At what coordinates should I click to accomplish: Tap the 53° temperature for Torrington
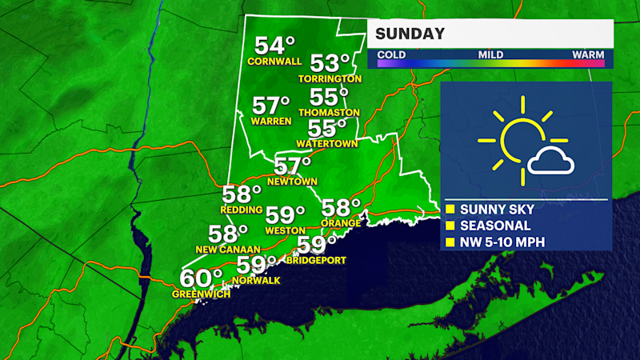tap(330, 62)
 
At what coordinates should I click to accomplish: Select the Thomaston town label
tap(329, 113)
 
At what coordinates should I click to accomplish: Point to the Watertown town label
tap(326, 144)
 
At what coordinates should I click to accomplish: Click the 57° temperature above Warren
tap(270, 106)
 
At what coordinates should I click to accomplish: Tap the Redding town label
tap(242, 210)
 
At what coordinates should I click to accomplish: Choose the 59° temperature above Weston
tap(286, 215)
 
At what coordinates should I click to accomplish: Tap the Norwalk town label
tap(256, 280)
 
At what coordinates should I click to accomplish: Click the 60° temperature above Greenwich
tap(201, 278)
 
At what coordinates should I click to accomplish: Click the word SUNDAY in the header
tap(409, 34)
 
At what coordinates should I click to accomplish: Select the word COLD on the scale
tap(391, 54)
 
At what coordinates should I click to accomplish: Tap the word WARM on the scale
tap(587, 54)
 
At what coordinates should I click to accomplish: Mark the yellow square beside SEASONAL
tap(450, 226)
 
